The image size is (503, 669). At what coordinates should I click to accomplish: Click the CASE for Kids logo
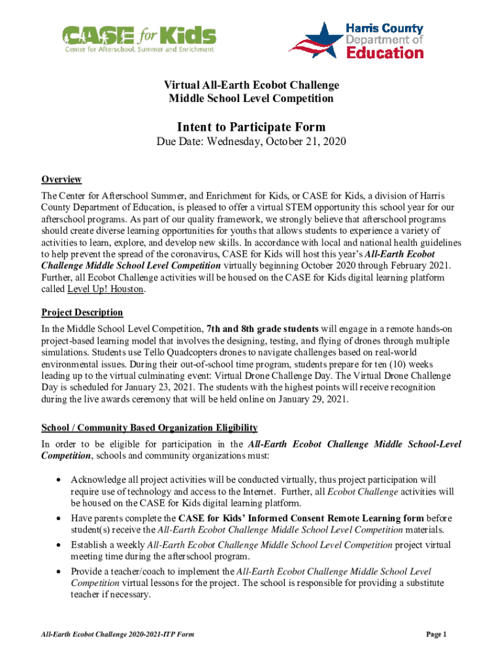pyautogui.click(x=138, y=40)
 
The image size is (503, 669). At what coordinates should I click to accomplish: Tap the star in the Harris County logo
pyautogui.click(x=314, y=37)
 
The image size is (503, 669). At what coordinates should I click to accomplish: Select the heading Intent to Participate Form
pyautogui.click(x=252, y=127)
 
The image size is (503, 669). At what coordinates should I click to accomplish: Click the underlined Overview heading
pyautogui.click(x=61, y=180)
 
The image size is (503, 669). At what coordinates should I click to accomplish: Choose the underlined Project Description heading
pyautogui.click(x=82, y=312)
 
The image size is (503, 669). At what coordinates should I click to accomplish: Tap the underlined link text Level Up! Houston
pyautogui.click(x=105, y=290)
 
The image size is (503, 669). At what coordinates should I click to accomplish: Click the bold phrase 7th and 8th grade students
pyautogui.click(x=263, y=329)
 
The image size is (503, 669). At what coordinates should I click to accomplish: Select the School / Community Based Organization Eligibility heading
pyautogui.click(x=150, y=428)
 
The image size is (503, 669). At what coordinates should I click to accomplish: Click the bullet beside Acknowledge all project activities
pyautogui.click(x=59, y=480)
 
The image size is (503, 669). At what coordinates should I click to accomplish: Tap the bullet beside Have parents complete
pyautogui.click(x=59, y=518)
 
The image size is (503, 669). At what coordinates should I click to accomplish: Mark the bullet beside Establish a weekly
pyautogui.click(x=59, y=545)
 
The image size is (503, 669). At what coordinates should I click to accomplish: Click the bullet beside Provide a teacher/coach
pyautogui.click(x=59, y=572)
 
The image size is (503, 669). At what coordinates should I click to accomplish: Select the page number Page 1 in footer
pyautogui.click(x=436, y=634)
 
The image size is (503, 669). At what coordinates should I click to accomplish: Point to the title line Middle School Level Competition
pyautogui.click(x=252, y=99)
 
